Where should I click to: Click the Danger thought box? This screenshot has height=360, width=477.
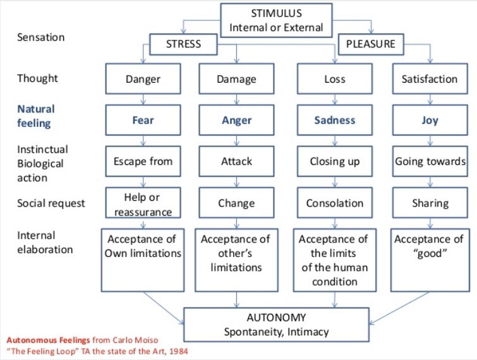(x=143, y=80)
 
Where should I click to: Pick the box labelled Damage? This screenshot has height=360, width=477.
(x=236, y=80)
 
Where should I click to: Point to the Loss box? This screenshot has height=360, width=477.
(x=335, y=80)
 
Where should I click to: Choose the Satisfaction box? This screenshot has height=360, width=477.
(x=429, y=80)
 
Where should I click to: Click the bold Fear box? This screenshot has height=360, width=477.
(x=143, y=120)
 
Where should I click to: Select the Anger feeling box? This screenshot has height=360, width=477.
(x=236, y=120)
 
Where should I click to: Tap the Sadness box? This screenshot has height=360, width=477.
(x=335, y=120)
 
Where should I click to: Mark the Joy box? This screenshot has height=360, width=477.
(x=429, y=120)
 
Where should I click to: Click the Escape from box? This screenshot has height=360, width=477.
(x=143, y=161)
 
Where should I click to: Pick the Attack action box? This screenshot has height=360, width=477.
(x=236, y=161)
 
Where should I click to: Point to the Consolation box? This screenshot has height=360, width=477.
(x=335, y=203)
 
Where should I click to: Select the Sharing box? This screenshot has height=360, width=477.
(x=429, y=203)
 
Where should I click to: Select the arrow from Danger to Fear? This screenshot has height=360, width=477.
(x=143, y=99)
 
